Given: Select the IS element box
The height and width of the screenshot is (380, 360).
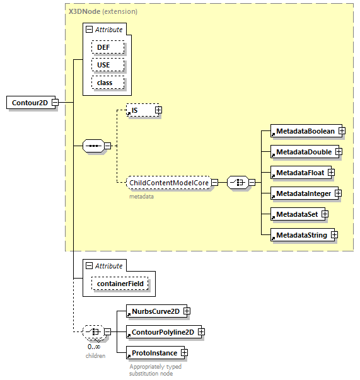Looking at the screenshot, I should click(139, 110).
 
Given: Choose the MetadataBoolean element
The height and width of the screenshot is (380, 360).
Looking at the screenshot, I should click(304, 131).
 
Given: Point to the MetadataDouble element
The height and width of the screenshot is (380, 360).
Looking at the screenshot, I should click(302, 152).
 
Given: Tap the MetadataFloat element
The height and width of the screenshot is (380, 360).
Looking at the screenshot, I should click(298, 172).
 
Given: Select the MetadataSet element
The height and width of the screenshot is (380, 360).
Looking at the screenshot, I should click(296, 214).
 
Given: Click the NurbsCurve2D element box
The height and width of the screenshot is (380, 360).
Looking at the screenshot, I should click(153, 311).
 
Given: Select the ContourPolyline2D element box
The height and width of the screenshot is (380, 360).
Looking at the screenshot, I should click(161, 332).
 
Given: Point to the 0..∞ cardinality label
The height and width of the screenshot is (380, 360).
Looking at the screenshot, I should click(94, 347).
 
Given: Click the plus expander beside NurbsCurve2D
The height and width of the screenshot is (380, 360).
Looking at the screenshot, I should click(187, 311).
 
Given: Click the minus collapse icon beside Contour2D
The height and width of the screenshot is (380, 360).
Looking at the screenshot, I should click(55, 103).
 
